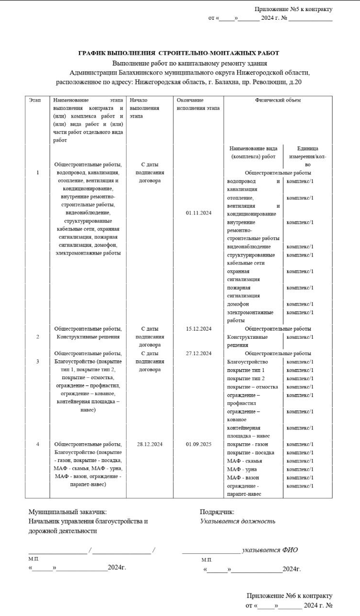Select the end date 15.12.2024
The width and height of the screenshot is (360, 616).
coord(198,329)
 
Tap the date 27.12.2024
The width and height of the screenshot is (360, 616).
coord(198,353)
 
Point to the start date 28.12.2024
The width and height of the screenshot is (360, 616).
coord(150,444)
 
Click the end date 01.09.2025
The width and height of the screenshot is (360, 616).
coord(198,444)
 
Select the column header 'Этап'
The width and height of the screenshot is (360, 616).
coord(35,100)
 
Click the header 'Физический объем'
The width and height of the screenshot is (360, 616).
coord(278,100)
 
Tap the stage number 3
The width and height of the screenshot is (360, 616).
coord(38,361)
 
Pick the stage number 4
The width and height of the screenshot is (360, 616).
coord(38,444)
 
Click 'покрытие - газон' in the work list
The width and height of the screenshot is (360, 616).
coord(248,444)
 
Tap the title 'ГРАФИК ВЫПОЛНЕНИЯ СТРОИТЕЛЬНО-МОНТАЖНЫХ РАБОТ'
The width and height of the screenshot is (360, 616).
coord(179,53)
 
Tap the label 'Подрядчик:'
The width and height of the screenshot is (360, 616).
coord(217,512)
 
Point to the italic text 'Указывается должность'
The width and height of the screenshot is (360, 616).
coord(238,521)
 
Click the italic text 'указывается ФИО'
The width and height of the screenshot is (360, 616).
coord(270,550)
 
